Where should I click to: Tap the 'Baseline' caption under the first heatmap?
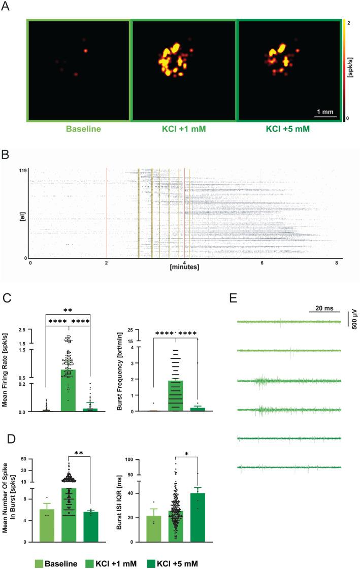79,129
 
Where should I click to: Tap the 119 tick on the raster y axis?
22,171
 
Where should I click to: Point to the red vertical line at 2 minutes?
107,213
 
